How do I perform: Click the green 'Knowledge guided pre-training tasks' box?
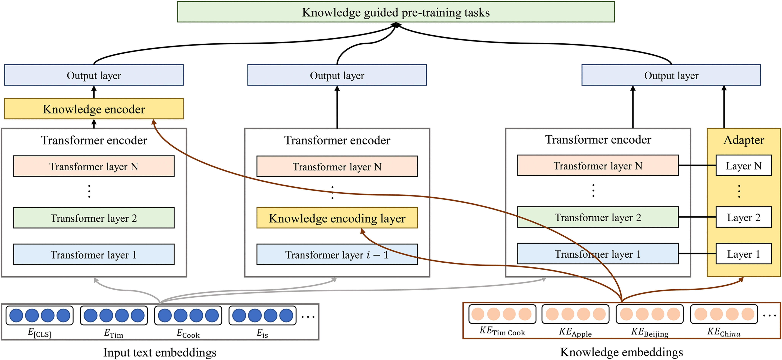[396, 12]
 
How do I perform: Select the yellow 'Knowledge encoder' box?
[94, 109]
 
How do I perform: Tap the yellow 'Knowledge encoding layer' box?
[337, 218]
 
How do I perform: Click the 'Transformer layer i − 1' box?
[337, 254]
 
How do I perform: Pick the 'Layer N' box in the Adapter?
[744, 165]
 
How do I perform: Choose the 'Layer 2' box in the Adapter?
[744, 217]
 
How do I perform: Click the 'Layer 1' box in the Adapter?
[744, 253]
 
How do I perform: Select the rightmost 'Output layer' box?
[671, 75]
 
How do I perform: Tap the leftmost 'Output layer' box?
[94, 75]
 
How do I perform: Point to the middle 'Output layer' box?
[337, 75]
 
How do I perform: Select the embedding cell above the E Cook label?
[188, 315]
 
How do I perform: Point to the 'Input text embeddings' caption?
[160, 352]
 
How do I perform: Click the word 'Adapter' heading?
[744, 140]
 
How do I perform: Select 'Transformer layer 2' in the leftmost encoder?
[94, 218]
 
